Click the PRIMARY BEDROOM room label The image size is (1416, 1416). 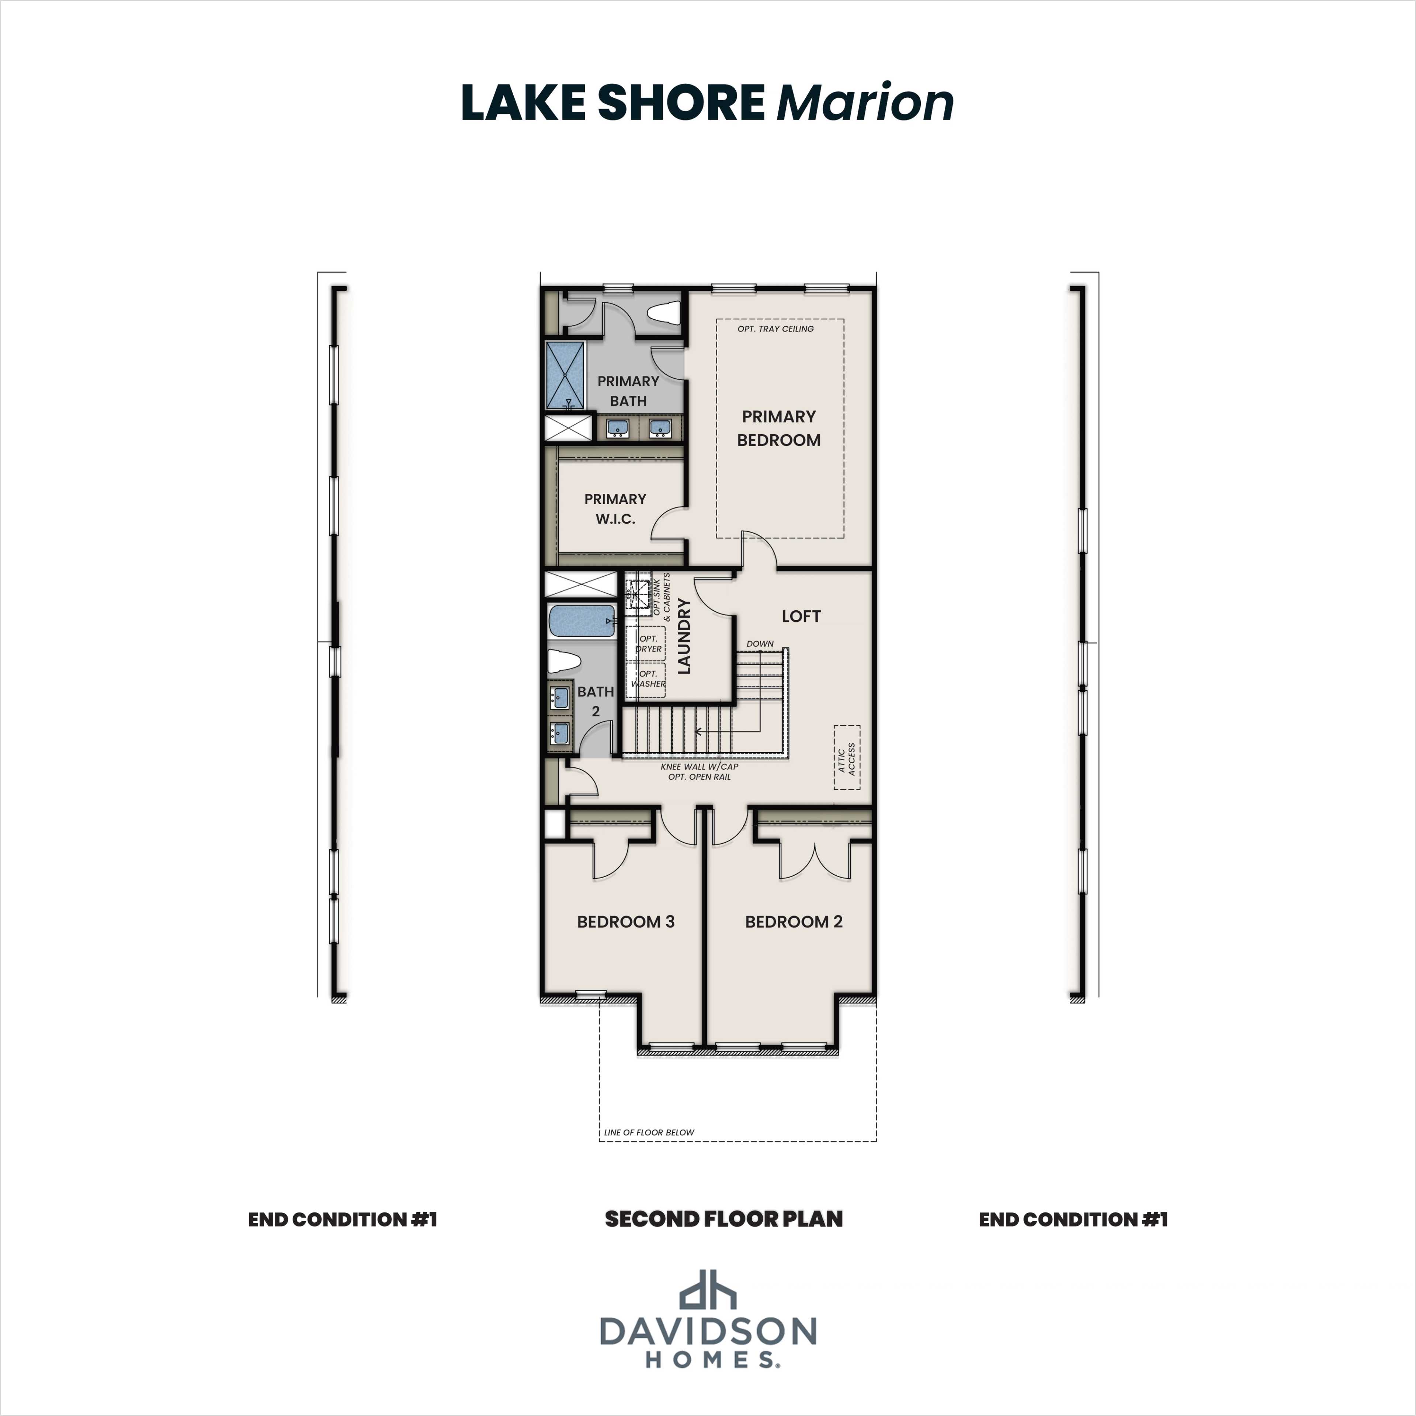click(778, 428)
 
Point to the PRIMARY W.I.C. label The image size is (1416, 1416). click(615, 509)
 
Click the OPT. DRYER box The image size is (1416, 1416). click(647, 643)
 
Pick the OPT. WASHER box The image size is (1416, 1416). click(647, 678)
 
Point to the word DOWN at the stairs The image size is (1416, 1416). click(760, 643)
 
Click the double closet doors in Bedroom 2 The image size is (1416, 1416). click(815, 861)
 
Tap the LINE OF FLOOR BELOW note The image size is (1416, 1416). click(649, 1132)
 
